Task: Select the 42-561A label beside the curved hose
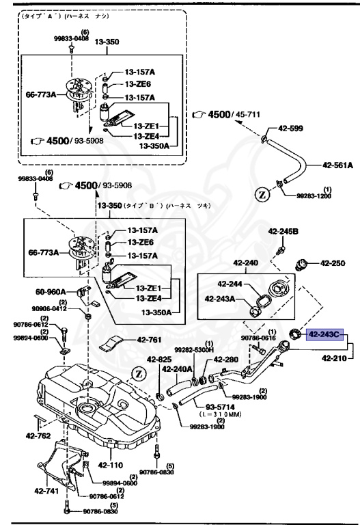[x=337, y=165]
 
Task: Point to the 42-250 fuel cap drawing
[x=301, y=265]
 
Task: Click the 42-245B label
[x=283, y=232]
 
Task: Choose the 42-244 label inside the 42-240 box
[x=231, y=284]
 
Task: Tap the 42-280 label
[x=225, y=359]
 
